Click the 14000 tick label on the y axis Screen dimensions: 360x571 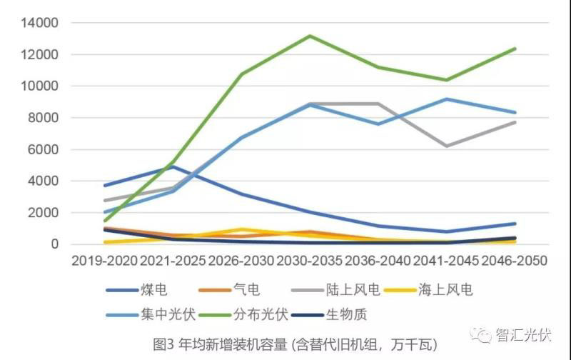coord(41,23)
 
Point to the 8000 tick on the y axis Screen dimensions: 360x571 coord(45,118)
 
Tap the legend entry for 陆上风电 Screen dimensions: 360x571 coord(345,289)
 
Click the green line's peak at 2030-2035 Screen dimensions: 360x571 coord(310,36)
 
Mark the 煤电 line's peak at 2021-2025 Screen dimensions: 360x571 coord(173,166)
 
